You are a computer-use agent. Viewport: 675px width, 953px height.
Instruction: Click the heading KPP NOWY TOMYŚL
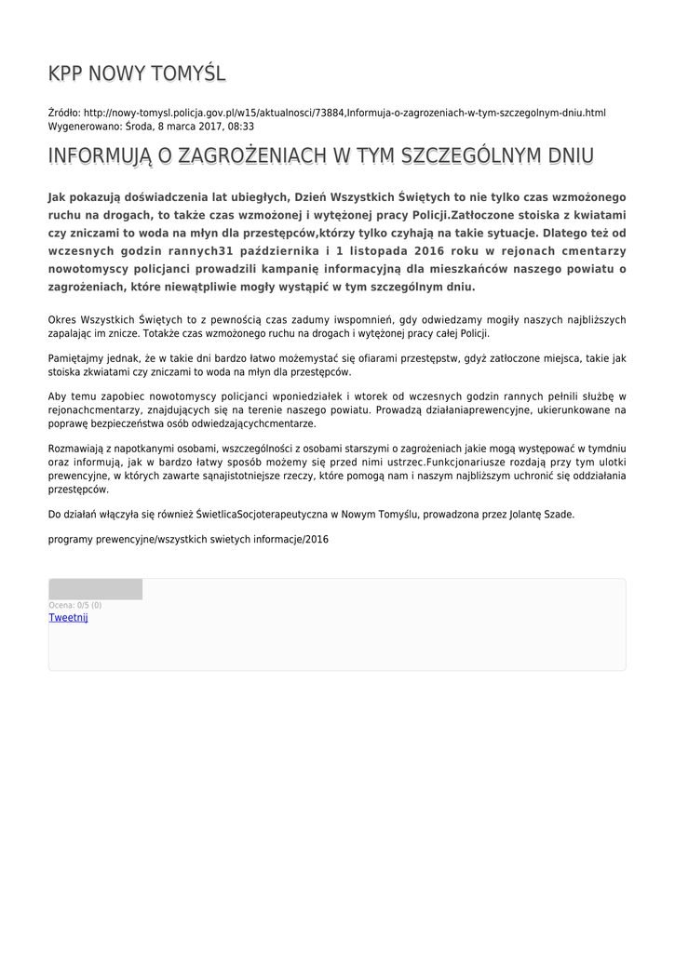137,74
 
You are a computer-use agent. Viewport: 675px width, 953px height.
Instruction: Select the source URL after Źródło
344,113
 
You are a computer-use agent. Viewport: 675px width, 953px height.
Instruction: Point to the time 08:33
241,126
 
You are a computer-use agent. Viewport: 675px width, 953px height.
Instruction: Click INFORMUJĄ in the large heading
100,156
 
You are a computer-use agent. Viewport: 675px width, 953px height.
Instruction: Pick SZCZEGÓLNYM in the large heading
470,156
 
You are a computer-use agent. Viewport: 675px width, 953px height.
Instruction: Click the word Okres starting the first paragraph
64,320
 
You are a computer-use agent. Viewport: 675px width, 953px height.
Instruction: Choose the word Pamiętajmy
75,358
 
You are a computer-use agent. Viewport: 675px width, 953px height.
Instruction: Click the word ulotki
610,463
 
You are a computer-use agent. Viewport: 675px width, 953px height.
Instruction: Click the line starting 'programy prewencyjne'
188,540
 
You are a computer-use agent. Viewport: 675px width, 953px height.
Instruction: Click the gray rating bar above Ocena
95,589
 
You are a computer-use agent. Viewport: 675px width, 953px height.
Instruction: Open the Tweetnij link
68,618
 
